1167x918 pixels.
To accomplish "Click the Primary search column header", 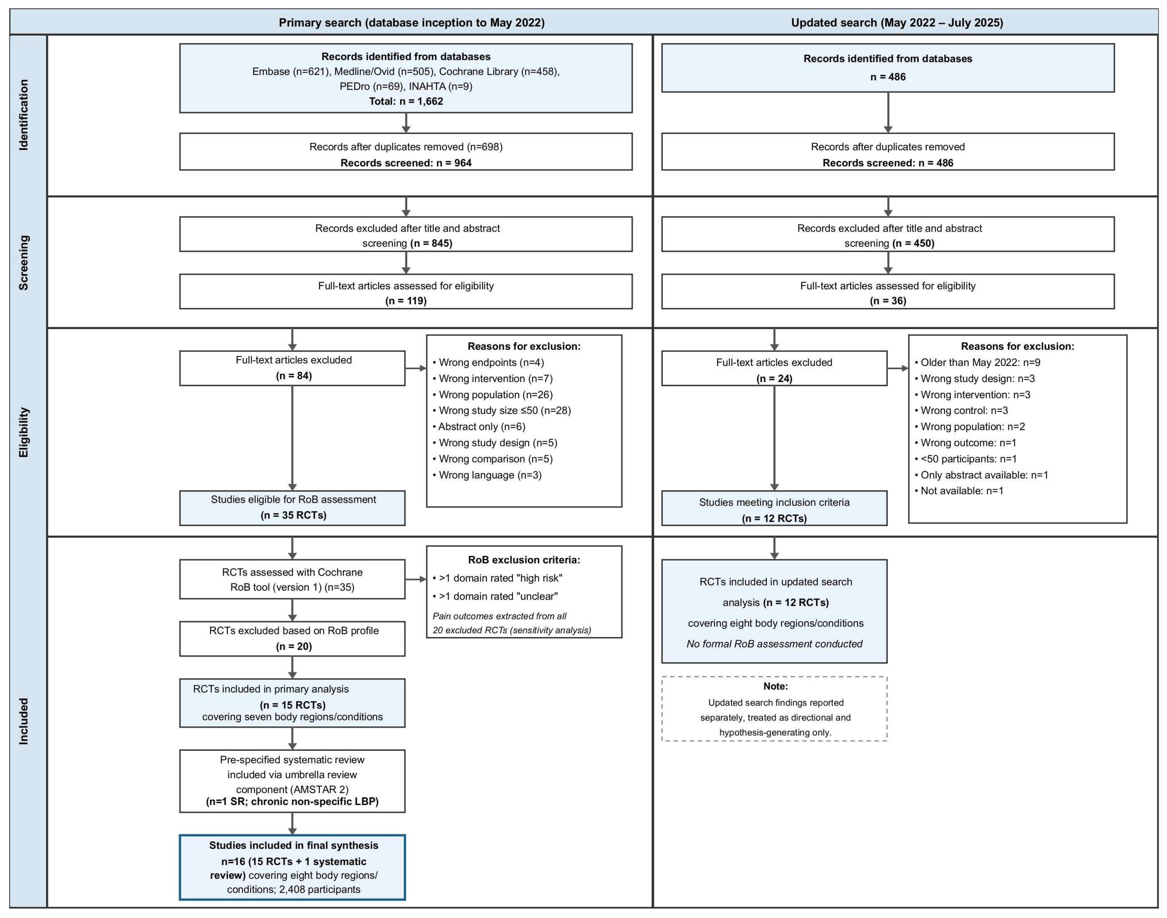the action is tap(412, 23).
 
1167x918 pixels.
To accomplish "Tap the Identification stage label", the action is tap(24, 115).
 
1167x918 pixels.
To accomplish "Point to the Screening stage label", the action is tap(24, 263).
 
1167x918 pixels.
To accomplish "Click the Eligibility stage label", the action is tap(24, 432).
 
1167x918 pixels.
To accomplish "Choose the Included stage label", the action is tap(24, 721).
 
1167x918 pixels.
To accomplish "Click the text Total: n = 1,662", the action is tap(406, 101).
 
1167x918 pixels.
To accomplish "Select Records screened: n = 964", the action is tap(406, 163).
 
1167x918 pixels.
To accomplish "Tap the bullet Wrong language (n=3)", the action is tap(487, 475).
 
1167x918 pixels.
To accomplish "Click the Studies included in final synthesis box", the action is tap(293, 867).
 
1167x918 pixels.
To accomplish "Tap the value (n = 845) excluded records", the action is tap(431, 243).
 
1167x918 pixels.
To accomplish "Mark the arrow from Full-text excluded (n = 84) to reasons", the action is tap(416, 368).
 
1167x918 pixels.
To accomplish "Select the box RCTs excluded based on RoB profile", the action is tap(293, 639).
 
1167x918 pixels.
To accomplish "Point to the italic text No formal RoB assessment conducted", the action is tap(774, 644).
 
